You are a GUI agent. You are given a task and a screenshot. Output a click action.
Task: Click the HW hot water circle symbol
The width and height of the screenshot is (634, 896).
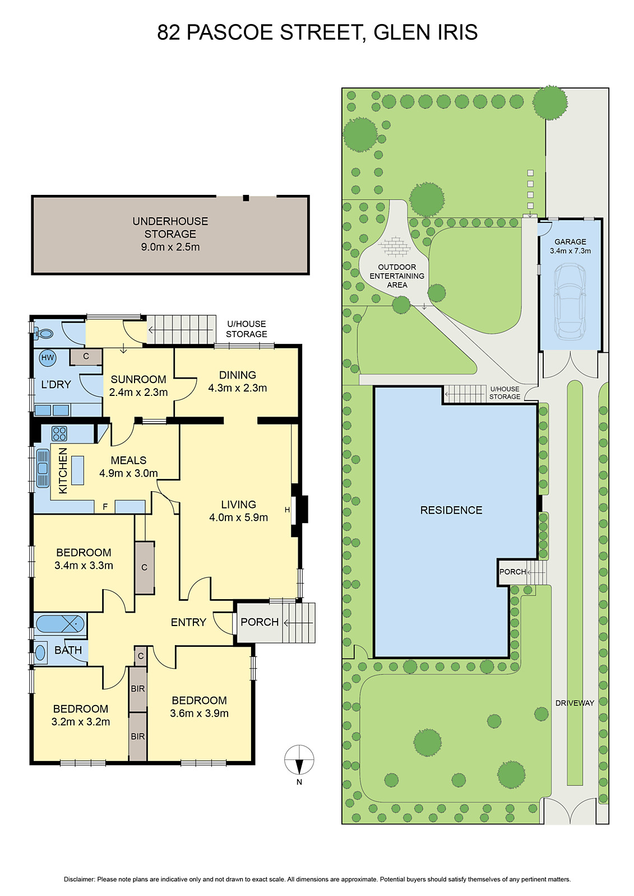(48, 357)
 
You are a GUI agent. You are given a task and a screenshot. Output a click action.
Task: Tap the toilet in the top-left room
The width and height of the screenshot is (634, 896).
(43, 334)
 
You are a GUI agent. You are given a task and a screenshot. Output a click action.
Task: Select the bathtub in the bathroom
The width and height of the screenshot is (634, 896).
(60, 623)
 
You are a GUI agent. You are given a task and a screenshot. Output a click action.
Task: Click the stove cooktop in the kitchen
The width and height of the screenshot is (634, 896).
(59, 433)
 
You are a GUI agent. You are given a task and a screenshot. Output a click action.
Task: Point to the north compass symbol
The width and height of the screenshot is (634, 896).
(299, 760)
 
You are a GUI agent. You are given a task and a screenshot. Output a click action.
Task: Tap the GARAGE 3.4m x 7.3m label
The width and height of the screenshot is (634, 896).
(570, 246)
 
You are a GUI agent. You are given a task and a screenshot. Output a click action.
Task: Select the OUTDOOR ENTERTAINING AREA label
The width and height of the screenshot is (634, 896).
(397, 276)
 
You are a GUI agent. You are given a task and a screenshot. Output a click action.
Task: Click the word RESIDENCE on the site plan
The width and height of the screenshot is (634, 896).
(451, 510)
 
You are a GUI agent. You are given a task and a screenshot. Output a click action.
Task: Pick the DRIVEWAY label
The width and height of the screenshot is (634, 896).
(575, 703)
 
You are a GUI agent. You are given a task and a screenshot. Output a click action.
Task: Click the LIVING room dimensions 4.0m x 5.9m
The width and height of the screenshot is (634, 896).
(238, 517)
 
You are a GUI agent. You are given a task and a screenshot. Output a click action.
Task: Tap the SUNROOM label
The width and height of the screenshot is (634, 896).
(138, 379)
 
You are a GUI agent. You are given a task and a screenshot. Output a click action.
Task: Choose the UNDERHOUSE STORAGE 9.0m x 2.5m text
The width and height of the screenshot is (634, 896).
(170, 234)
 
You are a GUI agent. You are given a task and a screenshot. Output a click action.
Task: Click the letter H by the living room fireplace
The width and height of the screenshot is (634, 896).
(288, 510)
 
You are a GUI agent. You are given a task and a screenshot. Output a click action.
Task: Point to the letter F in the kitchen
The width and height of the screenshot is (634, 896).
(105, 507)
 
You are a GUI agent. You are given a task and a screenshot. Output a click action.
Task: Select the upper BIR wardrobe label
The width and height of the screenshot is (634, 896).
(138, 689)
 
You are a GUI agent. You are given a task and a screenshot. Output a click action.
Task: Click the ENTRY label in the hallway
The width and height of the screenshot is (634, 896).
(188, 622)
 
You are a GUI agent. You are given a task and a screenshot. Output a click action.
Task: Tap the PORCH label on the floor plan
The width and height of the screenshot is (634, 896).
(260, 622)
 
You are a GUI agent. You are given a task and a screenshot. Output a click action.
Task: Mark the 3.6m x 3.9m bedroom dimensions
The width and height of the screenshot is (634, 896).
(199, 713)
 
